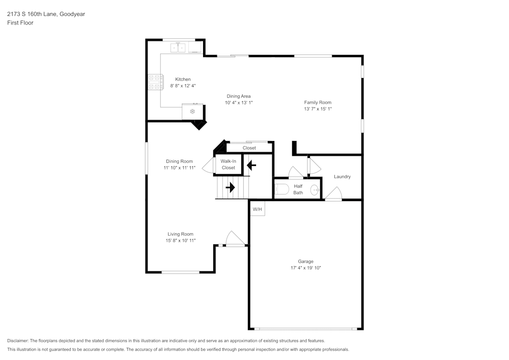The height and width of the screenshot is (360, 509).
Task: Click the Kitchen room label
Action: point(183,79)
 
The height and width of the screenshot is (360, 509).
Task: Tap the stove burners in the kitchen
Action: point(155,82)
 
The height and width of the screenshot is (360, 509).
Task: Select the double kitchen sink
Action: point(178,48)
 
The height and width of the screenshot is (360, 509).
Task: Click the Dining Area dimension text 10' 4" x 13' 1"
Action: point(239,102)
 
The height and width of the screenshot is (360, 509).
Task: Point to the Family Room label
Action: point(318,102)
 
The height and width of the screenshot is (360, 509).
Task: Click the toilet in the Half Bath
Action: point(282,189)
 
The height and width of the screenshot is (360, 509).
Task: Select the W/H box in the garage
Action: point(257,208)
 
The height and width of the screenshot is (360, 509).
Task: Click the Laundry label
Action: point(342,177)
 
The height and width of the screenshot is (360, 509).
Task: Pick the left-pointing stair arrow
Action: point(251,165)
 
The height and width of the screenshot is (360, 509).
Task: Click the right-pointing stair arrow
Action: point(230,187)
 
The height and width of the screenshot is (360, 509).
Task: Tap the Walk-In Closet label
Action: point(228,164)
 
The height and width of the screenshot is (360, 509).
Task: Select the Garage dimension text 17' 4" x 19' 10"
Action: point(306,268)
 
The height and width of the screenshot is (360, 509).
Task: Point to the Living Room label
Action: point(181,234)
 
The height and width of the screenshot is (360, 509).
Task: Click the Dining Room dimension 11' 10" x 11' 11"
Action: point(180,168)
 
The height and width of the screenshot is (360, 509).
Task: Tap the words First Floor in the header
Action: point(20,23)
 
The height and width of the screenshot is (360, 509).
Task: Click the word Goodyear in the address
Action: point(72,14)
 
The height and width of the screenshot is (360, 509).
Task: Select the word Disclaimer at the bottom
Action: point(17,341)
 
